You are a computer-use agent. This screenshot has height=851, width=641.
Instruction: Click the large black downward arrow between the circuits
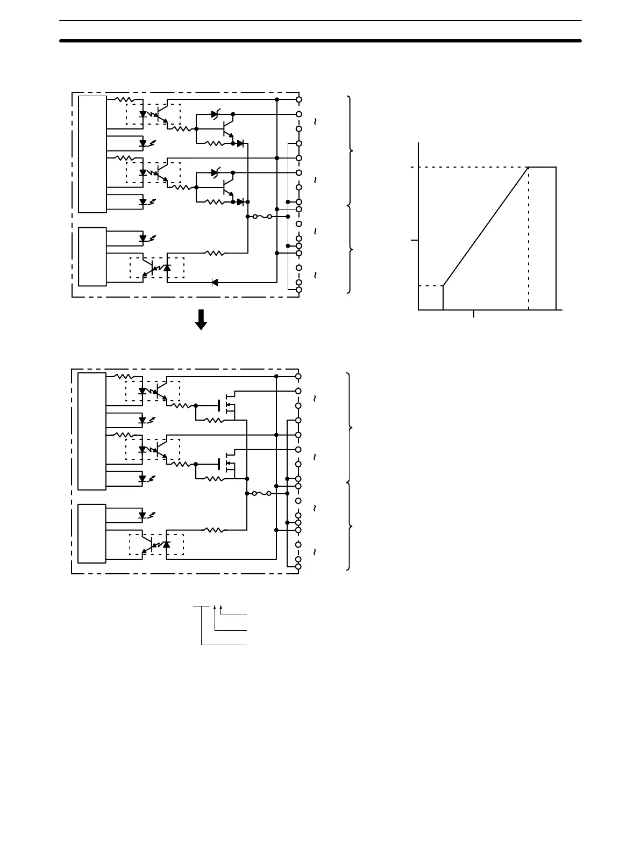pos(201,319)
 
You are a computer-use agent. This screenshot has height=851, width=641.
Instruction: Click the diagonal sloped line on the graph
pos(486,227)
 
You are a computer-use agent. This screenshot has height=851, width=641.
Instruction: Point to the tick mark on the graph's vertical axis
pos(415,240)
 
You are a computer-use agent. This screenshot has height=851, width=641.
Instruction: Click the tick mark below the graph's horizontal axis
pos(474,314)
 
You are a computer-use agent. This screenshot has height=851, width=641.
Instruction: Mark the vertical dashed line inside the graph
pos(529,239)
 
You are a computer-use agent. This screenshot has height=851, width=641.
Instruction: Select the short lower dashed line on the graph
pos(430,285)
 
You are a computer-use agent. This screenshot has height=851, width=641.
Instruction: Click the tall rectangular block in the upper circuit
pos(92,154)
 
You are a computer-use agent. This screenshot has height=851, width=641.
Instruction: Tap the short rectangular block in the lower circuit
pos(92,533)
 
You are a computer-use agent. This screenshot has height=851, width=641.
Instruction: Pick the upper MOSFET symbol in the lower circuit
pos(229,405)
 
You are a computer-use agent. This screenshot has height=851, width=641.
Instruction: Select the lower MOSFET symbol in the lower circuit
pos(229,463)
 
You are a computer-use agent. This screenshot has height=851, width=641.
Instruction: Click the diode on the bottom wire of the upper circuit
pos(215,282)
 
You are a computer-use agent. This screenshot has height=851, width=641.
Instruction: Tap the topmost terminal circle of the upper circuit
pos(299,99)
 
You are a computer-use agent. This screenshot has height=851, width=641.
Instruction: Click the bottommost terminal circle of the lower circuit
pos(299,566)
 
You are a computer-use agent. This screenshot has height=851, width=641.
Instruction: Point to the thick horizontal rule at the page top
pos(320,40)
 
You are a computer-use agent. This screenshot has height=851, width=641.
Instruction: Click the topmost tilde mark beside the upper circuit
pos(315,122)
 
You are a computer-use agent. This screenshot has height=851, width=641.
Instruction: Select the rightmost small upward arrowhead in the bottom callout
pos(221,607)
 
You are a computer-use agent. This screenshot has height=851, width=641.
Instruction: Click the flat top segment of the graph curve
pos(542,167)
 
